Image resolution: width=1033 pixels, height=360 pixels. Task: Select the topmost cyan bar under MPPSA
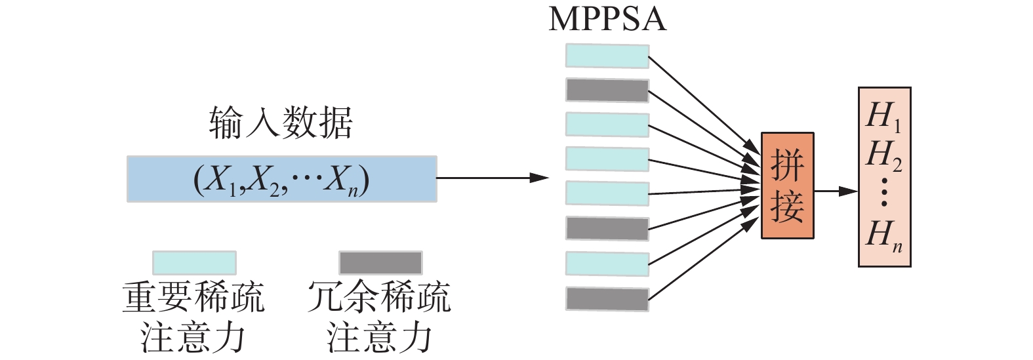click(607, 56)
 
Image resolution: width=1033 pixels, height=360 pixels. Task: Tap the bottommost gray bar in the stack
click(607, 298)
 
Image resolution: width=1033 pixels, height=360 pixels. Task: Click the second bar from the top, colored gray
click(607, 90)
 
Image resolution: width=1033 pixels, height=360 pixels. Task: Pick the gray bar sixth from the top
click(607, 228)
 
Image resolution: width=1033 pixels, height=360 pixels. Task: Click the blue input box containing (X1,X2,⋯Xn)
click(281, 178)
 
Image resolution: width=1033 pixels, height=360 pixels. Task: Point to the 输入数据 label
click(281, 123)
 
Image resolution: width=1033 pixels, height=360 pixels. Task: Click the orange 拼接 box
click(787, 186)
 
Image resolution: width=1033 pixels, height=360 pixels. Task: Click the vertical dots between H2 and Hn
click(884, 192)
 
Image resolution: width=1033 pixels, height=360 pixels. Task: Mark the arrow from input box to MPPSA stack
click(492, 178)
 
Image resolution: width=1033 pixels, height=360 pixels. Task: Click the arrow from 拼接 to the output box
click(836, 191)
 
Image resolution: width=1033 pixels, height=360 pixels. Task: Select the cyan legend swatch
click(194, 262)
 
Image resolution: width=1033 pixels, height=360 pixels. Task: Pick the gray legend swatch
click(380, 262)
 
